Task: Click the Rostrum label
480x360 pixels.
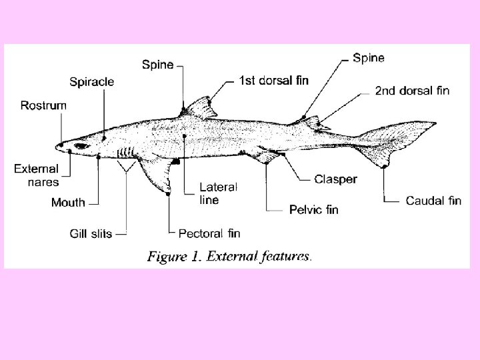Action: coord(43,105)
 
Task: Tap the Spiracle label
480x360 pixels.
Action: coord(92,82)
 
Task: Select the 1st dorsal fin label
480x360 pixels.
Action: coord(273,81)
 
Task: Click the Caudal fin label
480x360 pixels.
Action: coord(433,200)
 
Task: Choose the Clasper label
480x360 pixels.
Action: coord(335,179)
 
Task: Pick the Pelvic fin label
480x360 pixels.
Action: coord(313,210)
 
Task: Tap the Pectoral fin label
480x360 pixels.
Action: coord(209,233)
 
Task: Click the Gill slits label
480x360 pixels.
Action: coord(91,233)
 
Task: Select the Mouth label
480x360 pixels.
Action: coord(68,203)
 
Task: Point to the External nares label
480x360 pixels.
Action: coord(36,175)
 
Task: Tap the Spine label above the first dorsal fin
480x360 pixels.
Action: coord(158,65)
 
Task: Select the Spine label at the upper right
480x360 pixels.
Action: coord(368,58)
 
